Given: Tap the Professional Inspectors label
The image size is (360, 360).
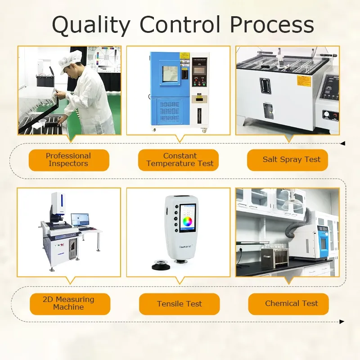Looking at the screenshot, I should pyautogui.click(x=68, y=160).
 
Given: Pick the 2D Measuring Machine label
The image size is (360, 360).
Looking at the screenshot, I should pyautogui.click(x=68, y=303).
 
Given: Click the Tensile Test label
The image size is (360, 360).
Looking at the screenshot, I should pyautogui.click(x=180, y=304).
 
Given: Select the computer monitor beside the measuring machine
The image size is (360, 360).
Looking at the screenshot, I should pyautogui.click(x=80, y=219).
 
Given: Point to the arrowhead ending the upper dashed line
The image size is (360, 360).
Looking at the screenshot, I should pyautogui.click(x=342, y=144).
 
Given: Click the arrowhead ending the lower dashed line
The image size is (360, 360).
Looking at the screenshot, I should pyautogui.click(x=342, y=321).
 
